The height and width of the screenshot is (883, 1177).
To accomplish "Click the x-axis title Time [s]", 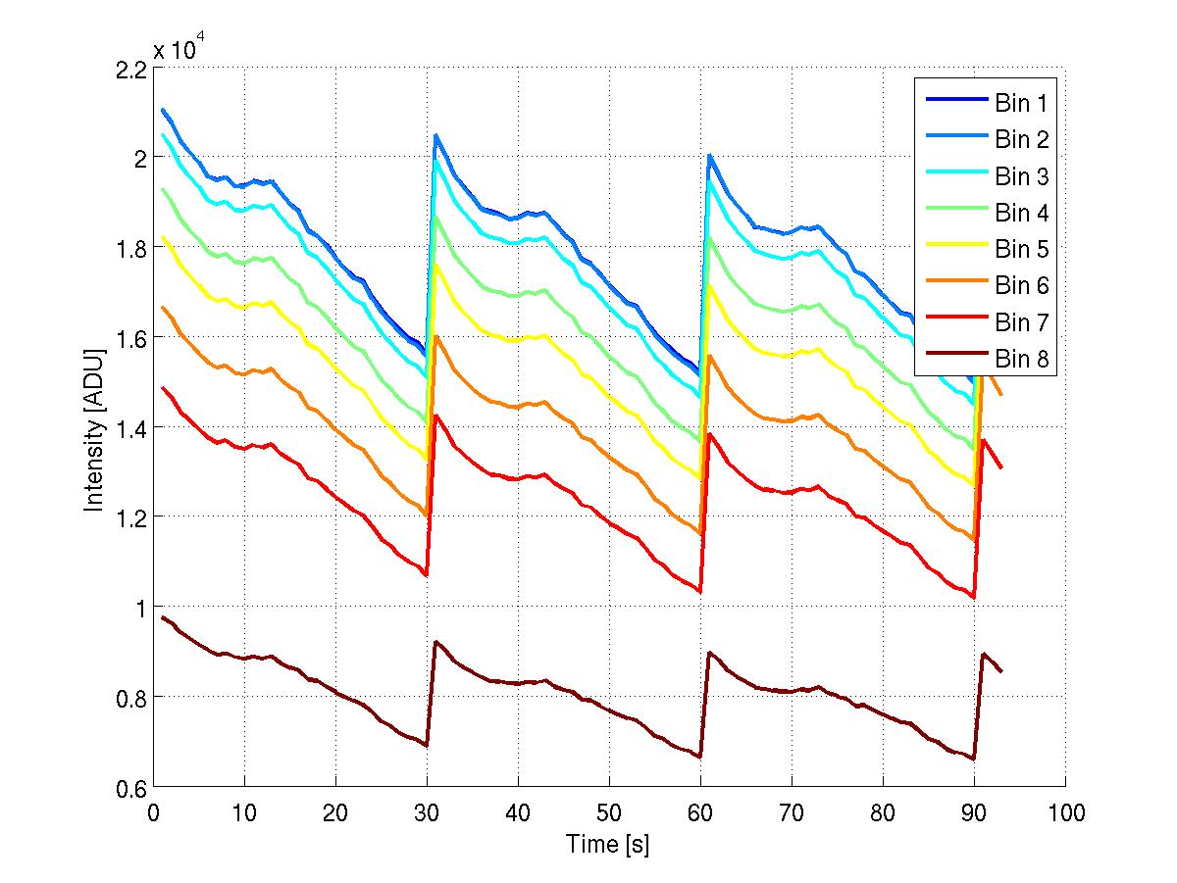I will coord(608,844).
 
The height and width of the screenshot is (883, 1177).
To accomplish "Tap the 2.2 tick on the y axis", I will coord(131,69).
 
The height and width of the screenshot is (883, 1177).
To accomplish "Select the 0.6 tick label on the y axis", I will coord(131,787).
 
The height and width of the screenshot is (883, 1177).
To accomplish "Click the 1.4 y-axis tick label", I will coord(131,427).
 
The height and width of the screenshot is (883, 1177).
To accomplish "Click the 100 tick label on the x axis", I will coord(1064,812).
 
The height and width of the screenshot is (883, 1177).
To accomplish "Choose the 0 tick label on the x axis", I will coord(154,812).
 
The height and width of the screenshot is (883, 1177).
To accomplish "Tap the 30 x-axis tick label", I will coord(427,812).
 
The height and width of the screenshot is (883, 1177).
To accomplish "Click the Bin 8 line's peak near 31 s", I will coord(435,642).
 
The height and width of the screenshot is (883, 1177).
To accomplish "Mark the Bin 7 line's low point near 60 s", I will coord(699,591).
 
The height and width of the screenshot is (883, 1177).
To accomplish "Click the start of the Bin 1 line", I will coord(163,110).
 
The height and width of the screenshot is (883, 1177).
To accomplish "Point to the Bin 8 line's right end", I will coord(1001,671).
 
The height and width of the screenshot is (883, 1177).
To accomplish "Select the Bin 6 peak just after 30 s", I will coord(435,336).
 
